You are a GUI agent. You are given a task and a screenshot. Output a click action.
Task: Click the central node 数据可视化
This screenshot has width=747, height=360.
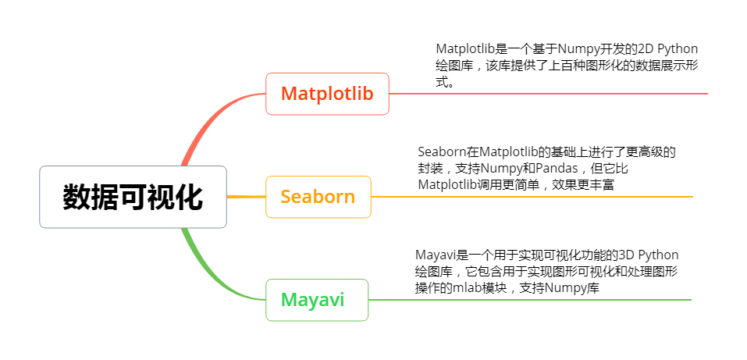coord(133,197)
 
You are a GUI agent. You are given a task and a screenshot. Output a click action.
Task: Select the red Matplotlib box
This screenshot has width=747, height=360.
coord(327,94)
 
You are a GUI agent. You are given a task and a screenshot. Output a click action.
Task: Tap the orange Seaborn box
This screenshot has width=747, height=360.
coord(318,197)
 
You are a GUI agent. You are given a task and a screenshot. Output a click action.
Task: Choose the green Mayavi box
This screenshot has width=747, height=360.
coord(317,300)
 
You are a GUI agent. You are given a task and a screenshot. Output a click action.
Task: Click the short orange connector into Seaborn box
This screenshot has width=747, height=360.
coord(247,197)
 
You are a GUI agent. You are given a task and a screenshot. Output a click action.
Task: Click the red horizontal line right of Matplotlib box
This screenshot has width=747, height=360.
coord(548,94)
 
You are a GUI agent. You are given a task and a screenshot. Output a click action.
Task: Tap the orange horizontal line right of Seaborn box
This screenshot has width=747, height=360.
coord(532,197)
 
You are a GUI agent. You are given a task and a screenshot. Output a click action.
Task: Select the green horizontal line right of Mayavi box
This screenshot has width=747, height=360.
coord(529,300)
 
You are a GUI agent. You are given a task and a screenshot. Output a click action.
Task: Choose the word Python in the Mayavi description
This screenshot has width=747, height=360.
coord(657,255)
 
